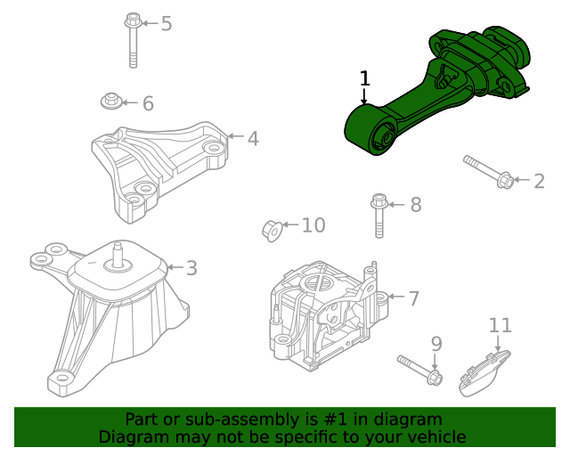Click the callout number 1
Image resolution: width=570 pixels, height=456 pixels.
[x=364, y=78]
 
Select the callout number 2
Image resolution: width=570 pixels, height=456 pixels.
[x=539, y=182]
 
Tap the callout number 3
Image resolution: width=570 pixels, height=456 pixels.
[x=191, y=267]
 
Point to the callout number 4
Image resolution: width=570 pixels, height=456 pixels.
[x=253, y=138]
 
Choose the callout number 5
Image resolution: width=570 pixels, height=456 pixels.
[x=166, y=23]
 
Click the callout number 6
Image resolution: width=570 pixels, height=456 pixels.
[x=148, y=103]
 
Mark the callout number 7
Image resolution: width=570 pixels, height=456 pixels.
[x=413, y=298]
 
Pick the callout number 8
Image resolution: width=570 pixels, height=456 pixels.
[x=415, y=205]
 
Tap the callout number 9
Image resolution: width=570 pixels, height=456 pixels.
[x=436, y=343]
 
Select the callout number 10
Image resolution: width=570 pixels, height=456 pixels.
[x=313, y=225]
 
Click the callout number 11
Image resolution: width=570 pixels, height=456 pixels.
[x=500, y=325]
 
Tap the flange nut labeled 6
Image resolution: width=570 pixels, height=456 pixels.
[x=111, y=102]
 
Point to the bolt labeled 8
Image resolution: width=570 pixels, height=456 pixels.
[x=379, y=215]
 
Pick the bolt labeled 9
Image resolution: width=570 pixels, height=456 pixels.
[x=419, y=370]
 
